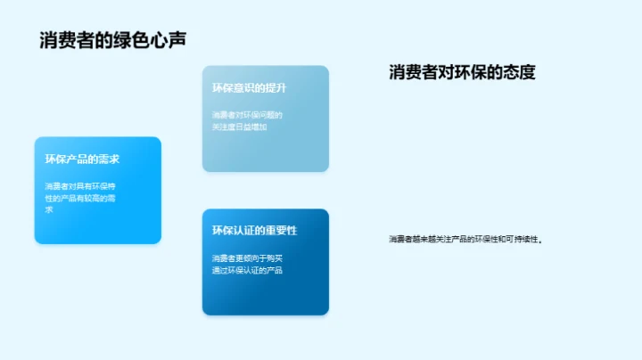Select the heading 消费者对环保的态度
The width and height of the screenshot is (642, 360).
tap(462, 72)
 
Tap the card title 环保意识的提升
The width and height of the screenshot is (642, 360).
tap(249, 88)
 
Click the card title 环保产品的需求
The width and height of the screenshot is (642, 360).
tap(83, 160)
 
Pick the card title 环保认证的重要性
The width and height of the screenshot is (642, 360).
tap(254, 230)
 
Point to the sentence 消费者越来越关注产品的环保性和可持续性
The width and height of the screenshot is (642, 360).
tap(465, 239)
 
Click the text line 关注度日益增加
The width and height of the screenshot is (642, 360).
tap(239, 127)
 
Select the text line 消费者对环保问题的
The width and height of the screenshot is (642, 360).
tap(247, 115)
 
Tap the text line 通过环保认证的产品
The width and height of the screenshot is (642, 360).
tap(247, 269)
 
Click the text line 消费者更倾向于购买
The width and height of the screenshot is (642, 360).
tap(247, 258)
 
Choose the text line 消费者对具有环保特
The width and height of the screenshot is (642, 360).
tap(80, 186)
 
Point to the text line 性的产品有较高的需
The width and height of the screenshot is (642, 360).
tap(80, 198)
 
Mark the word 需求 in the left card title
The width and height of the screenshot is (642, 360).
tap(109, 160)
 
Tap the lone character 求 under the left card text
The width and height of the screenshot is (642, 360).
tap(49, 209)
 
